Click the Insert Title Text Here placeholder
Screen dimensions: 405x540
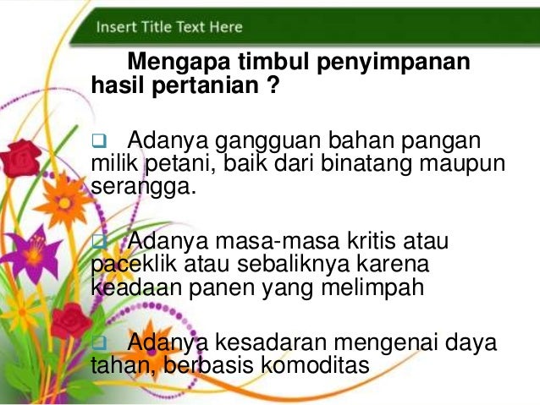click(169, 26)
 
